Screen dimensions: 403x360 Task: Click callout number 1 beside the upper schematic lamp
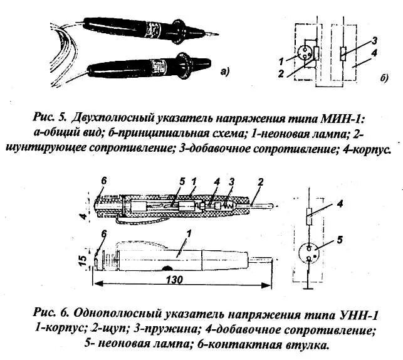point(283,60)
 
